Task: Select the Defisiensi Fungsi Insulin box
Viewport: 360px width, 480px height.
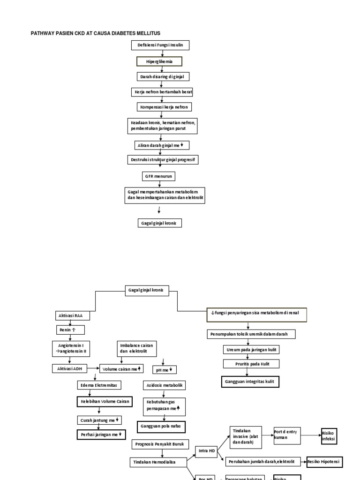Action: (160, 45)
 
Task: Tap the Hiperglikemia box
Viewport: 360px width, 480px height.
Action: (159, 61)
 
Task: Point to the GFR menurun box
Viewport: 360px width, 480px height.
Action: (159, 176)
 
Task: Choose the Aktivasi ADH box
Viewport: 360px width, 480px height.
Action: (69, 369)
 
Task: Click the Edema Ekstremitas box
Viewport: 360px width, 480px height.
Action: (99, 385)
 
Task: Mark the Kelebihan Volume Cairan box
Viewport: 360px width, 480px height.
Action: (104, 401)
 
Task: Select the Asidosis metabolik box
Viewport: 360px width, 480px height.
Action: (164, 385)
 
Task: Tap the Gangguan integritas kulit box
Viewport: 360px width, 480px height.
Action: (250, 382)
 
